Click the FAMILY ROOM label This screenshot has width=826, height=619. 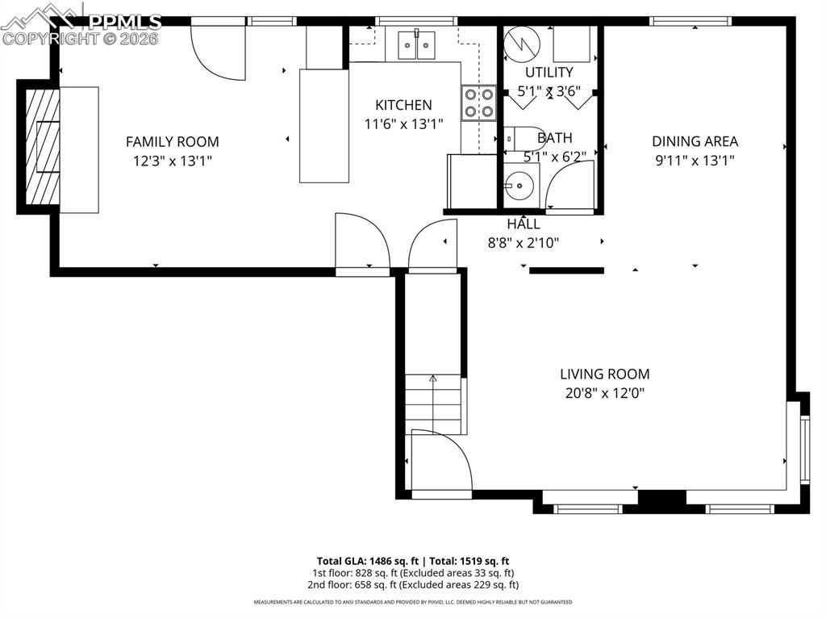click(x=172, y=142)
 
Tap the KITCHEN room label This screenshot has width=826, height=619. click(x=403, y=105)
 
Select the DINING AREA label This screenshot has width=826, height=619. click(x=695, y=141)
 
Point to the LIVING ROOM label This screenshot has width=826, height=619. click(x=604, y=374)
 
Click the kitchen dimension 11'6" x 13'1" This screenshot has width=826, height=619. click(x=403, y=123)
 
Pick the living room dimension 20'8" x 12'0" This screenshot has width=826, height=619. click(x=604, y=394)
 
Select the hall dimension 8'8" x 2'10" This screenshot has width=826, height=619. click(x=523, y=241)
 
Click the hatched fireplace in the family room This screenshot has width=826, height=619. click(x=42, y=146)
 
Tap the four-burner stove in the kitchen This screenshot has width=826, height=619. click(x=478, y=103)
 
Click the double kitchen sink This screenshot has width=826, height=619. click(x=417, y=44)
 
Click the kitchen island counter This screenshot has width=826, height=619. click(x=324, y=125)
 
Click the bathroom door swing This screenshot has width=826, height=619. click(x=571, y=187)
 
